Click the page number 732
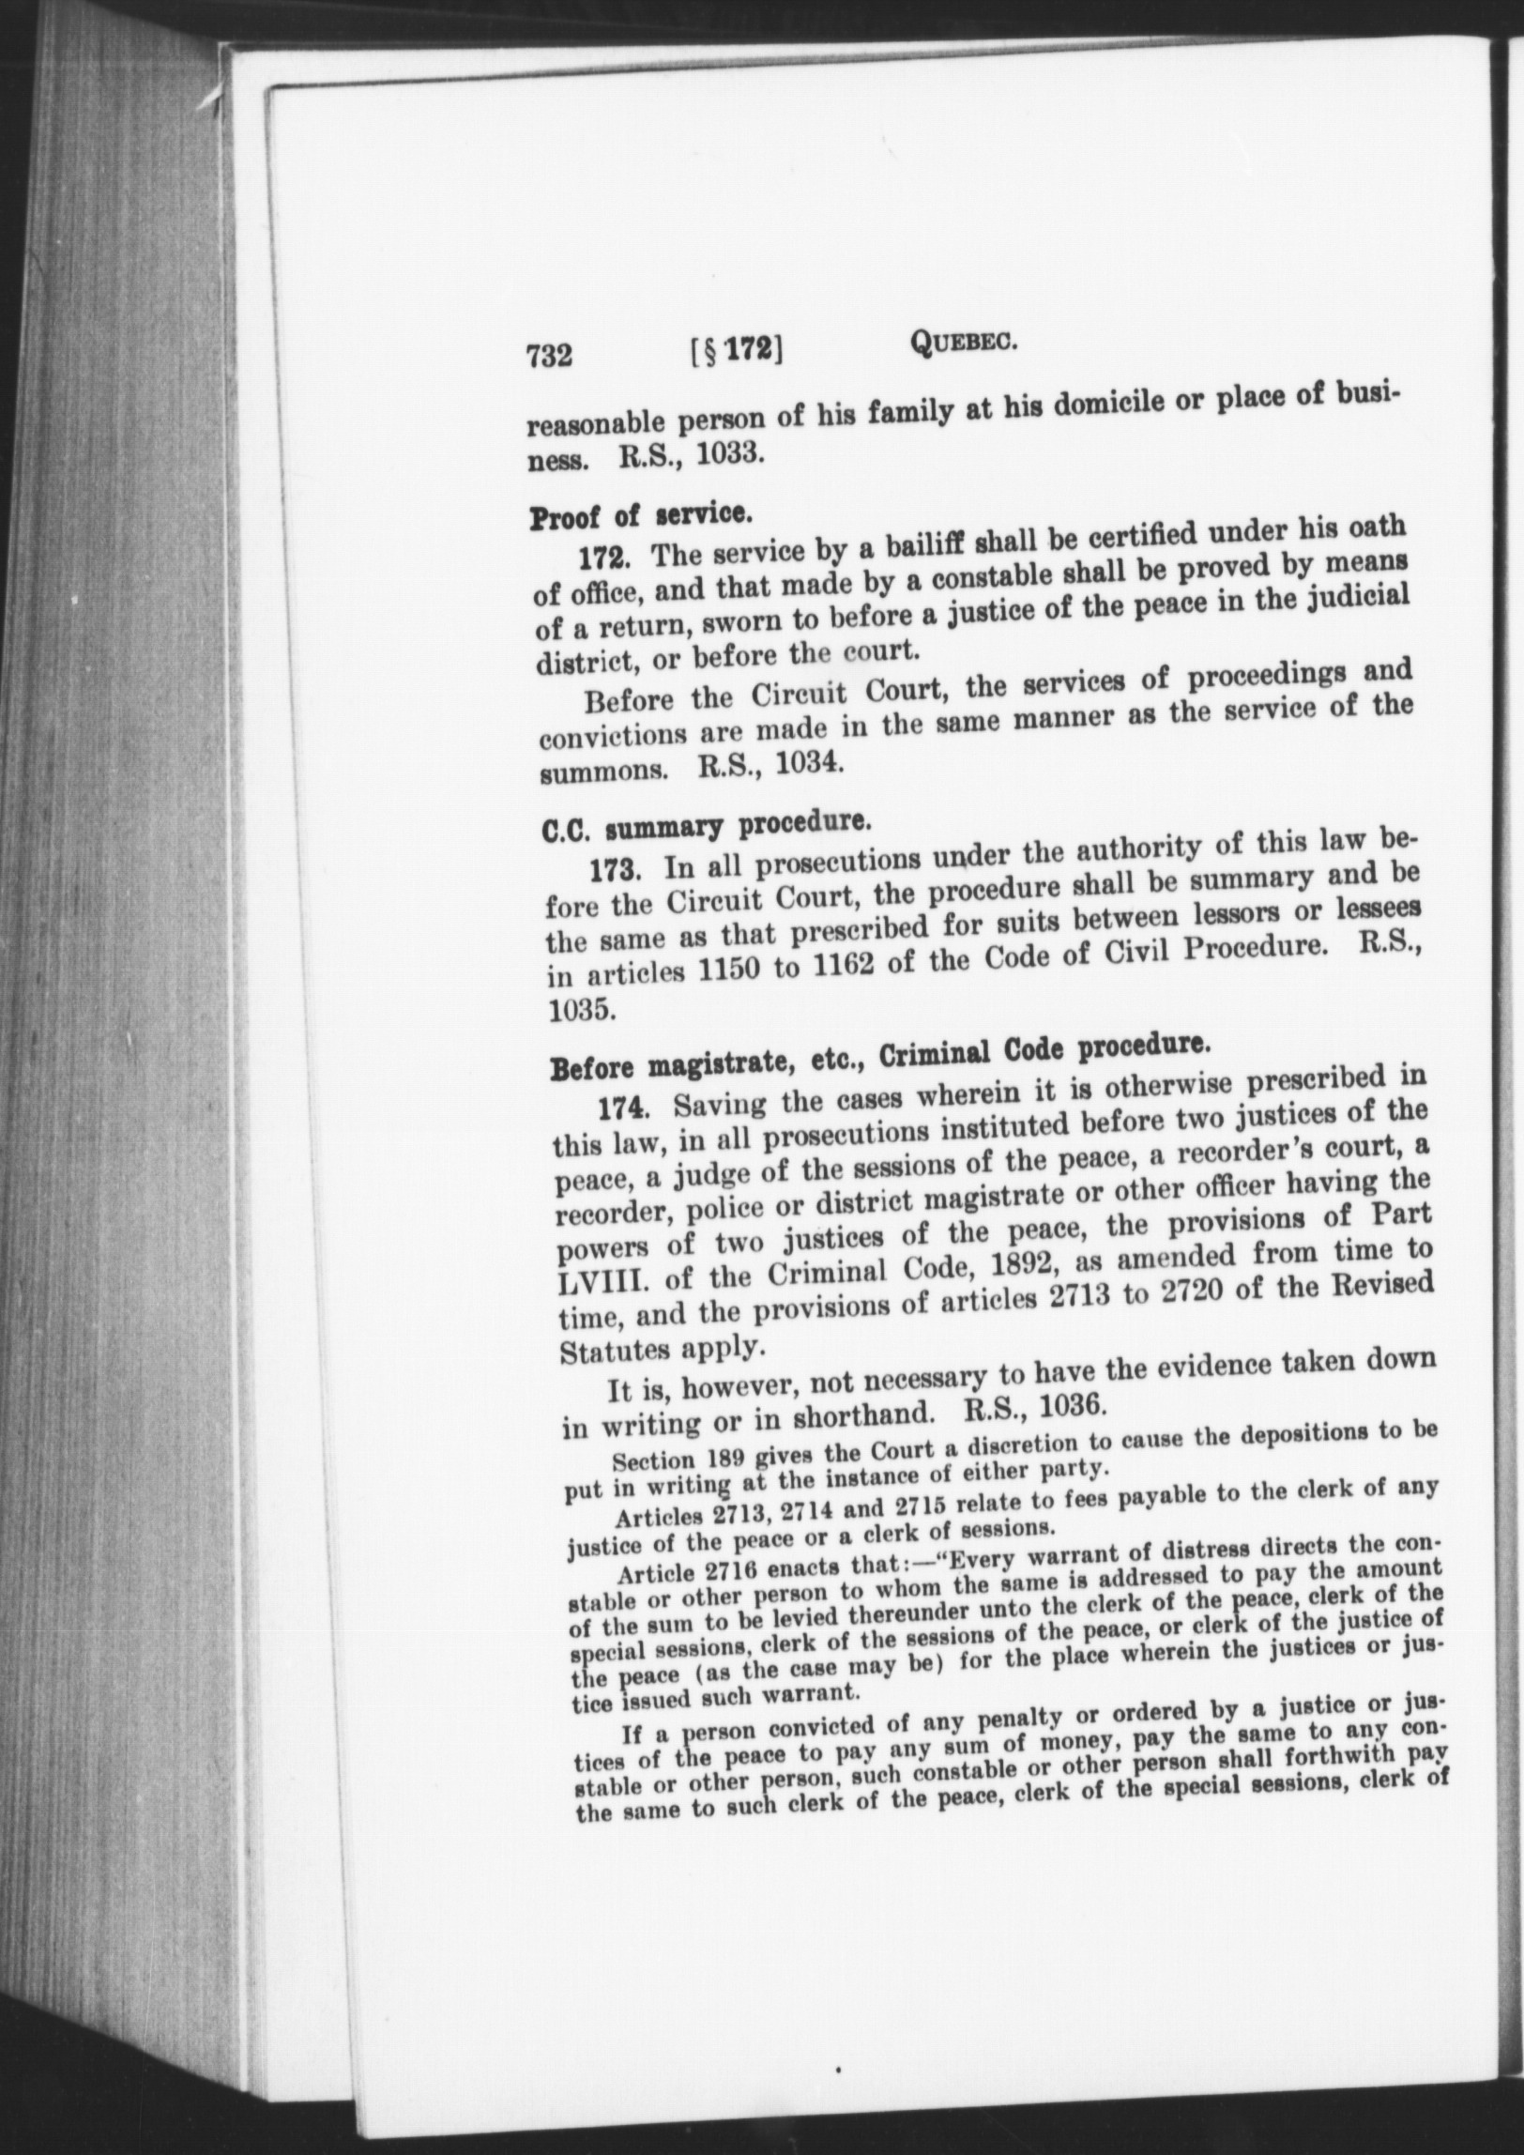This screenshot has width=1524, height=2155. [x=549, y=357]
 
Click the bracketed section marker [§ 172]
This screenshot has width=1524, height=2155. [x=736, y=351]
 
